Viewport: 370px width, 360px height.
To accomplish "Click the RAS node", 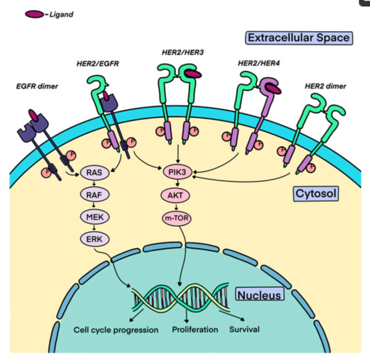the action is [x=95, y=172].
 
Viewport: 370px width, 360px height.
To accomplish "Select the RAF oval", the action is [x=95, y=195].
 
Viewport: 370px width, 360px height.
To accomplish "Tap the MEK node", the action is [x=95, y=217].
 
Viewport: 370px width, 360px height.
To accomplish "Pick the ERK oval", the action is [x=95, y=239].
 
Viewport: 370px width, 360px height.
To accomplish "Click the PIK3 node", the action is [x=177, y=172].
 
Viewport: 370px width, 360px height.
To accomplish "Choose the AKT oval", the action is [x=175, y=195].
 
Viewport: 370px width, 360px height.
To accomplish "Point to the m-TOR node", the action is [x=177, y=218].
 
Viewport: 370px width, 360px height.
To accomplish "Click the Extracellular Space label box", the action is [x=299, y=38].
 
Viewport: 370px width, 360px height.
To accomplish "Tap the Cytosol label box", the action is [x=316, y=194].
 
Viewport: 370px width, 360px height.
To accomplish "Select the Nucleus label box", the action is [x=259, y=294].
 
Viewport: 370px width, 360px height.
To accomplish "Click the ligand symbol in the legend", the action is [x=34, y=14].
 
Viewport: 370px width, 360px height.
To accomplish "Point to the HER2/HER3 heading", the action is [x=183, y=52].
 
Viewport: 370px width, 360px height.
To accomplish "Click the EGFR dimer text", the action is [x=37, y=86].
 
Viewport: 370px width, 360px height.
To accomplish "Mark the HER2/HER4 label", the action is [x=259, y=63].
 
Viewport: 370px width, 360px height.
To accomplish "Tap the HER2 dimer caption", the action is [x=325, y=86].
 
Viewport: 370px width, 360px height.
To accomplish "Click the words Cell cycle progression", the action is [x=116, y=330].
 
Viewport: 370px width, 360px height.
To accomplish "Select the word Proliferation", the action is [x=195, y=330].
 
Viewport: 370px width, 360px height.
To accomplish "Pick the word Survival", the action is [x=244, y=329].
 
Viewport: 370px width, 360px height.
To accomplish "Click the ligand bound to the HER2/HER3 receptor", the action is [x=193, y=74].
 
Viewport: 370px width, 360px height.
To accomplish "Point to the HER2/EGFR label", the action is [x=98, y=64].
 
